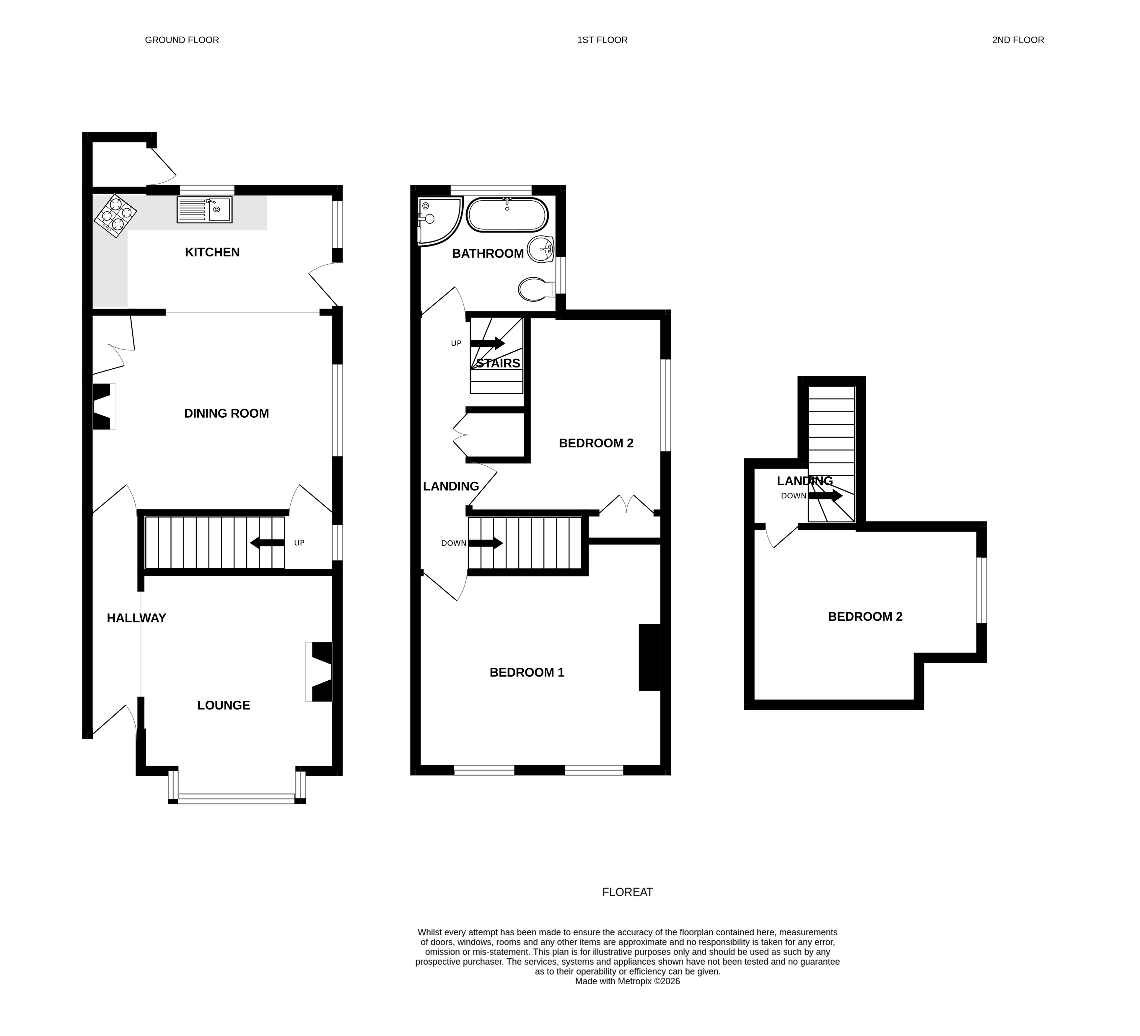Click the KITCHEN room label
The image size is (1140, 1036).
[x=212, y=252]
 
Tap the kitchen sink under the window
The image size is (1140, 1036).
[x=204, y=210]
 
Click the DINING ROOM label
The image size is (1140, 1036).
[x=226, y=413]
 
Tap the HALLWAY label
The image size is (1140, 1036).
[x=136, y=618]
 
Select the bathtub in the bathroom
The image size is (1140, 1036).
[x=507, y=215]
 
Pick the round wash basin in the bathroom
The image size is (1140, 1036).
[x=540, y=249]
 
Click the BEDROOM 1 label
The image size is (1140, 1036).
[x=527, y=672]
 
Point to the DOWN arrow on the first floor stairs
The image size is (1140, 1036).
[x=485, y=543]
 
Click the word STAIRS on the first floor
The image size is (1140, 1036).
[x=498, y=363]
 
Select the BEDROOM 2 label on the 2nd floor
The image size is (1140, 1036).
[x=865, y=617]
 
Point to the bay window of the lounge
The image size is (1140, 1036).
[x=236, y=798]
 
